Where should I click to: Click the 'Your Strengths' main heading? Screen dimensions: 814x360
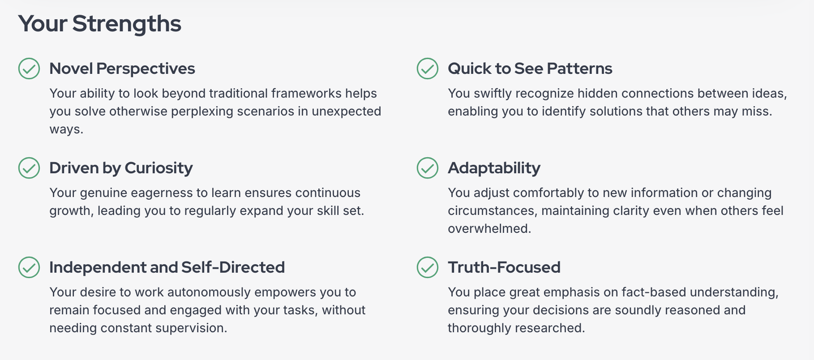100,24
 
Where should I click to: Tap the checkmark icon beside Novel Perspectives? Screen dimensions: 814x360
29,69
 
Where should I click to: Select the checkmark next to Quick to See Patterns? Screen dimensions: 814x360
428,69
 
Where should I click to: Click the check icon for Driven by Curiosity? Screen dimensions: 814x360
29,168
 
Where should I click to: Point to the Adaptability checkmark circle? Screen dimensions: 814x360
428,168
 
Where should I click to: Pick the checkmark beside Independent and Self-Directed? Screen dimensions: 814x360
29,267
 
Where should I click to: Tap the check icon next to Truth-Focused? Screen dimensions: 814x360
428,267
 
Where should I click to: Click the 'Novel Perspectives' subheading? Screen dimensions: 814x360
122,69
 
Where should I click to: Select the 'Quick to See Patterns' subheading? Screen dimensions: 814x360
530,69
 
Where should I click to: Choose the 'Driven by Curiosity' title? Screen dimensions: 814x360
121,168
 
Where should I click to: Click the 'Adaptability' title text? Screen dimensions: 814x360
494,168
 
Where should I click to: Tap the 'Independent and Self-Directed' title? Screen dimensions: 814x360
167,267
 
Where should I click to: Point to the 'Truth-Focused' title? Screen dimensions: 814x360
504,267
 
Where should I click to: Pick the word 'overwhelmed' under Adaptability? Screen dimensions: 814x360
489,228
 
